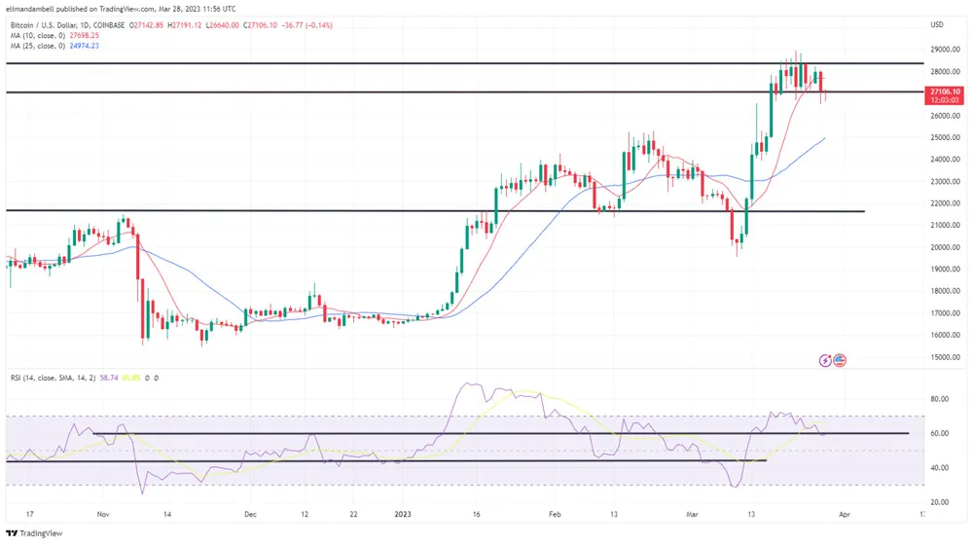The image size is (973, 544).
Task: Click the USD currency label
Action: pos(938,24)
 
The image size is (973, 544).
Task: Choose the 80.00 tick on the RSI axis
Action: pos(938,398)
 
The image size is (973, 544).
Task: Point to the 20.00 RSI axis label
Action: pos(938,501)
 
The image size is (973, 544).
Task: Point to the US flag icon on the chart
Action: pos(840,360)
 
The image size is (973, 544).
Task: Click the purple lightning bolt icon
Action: pos(826,360)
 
